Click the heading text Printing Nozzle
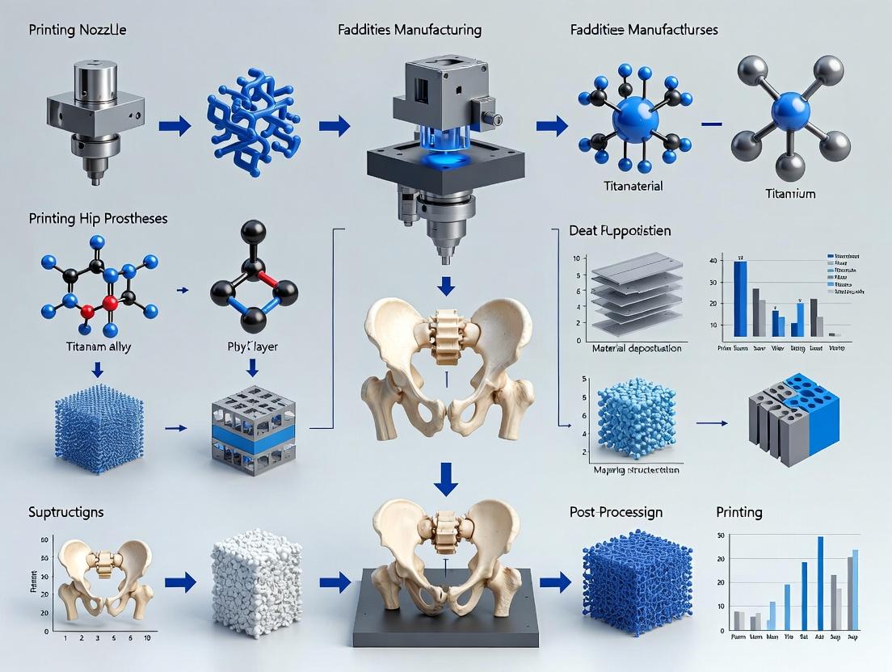click(x=78, y=31)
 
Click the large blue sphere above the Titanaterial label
click(x=635, y=118)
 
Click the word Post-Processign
click(x=615, y=512)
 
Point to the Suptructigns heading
click(x=65, y=512)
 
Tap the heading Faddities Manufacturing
click(x=410, y=31)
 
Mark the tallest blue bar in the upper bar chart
click(x=740, y=297)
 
